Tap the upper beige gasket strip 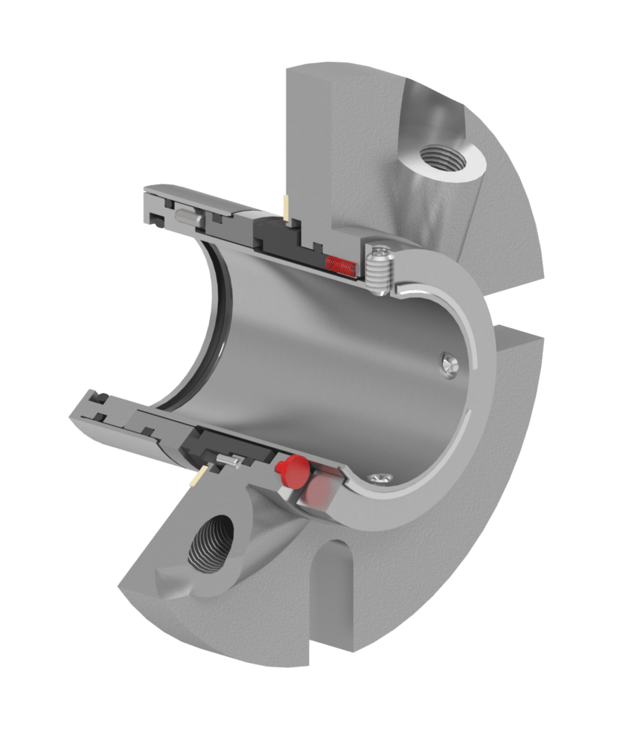click(x=286, y=208)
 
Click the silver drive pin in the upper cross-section click(x=187, y=218)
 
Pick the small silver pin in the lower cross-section click(x=231, y=461)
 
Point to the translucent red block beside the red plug click(x=319, y=488)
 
